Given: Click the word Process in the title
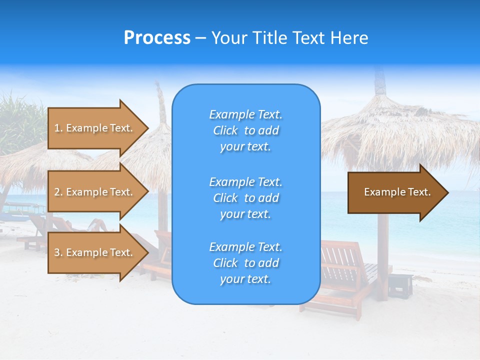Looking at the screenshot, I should click(157, 38).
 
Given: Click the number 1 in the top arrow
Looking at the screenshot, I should click(57, 128).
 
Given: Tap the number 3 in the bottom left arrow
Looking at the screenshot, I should click(57, 252).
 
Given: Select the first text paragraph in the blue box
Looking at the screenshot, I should click(245, 130).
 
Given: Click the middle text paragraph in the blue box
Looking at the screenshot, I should click(245, 198).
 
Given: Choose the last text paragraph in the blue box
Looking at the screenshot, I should click(245, 263).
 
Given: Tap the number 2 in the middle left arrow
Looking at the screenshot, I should click(57, 192).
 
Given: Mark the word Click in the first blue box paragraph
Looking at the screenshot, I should click(225, 130).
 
